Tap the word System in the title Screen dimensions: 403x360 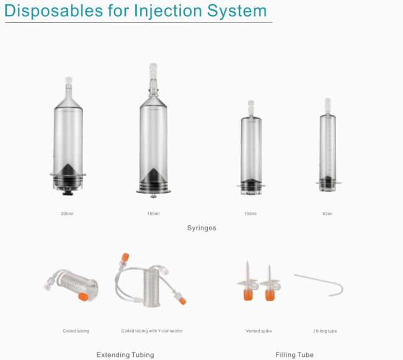[237, 11]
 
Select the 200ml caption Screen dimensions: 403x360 [67, 214]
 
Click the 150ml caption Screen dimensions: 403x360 [153, 214]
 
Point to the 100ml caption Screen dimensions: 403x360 [250, 214]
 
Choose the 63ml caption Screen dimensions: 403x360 [327, 214]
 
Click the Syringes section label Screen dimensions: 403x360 [201, 228]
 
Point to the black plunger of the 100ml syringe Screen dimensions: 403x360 [251, 184]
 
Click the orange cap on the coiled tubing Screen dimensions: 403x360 [83, 297]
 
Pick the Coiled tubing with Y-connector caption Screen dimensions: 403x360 [152, 331]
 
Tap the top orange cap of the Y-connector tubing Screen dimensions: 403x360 [125, 258]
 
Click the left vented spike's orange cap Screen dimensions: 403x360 [248, 295]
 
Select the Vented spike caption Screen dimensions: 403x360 [259, 331]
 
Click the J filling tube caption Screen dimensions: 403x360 [325, 331]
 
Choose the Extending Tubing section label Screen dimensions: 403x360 [125, 355]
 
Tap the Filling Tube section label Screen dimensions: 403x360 [294, 355]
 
